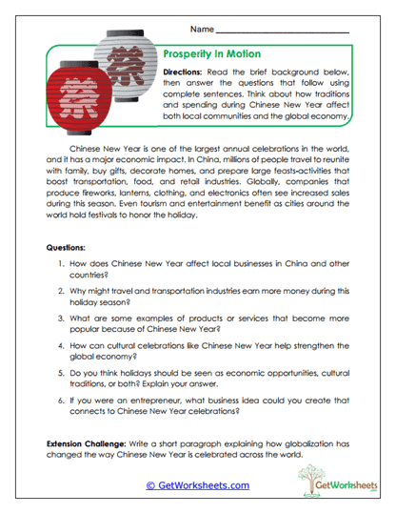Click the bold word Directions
[x=189, y=72]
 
